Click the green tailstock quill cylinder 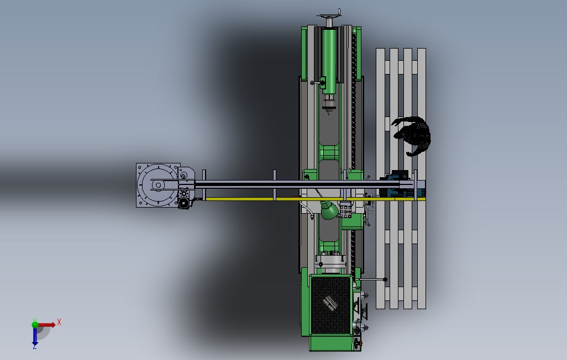(329, 61)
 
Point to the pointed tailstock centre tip (329, 112)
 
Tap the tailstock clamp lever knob (312, 83)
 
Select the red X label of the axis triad (59, 322)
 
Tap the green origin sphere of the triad (35, 325)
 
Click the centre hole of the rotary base (158, 186)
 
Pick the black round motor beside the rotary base (183, 204)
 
